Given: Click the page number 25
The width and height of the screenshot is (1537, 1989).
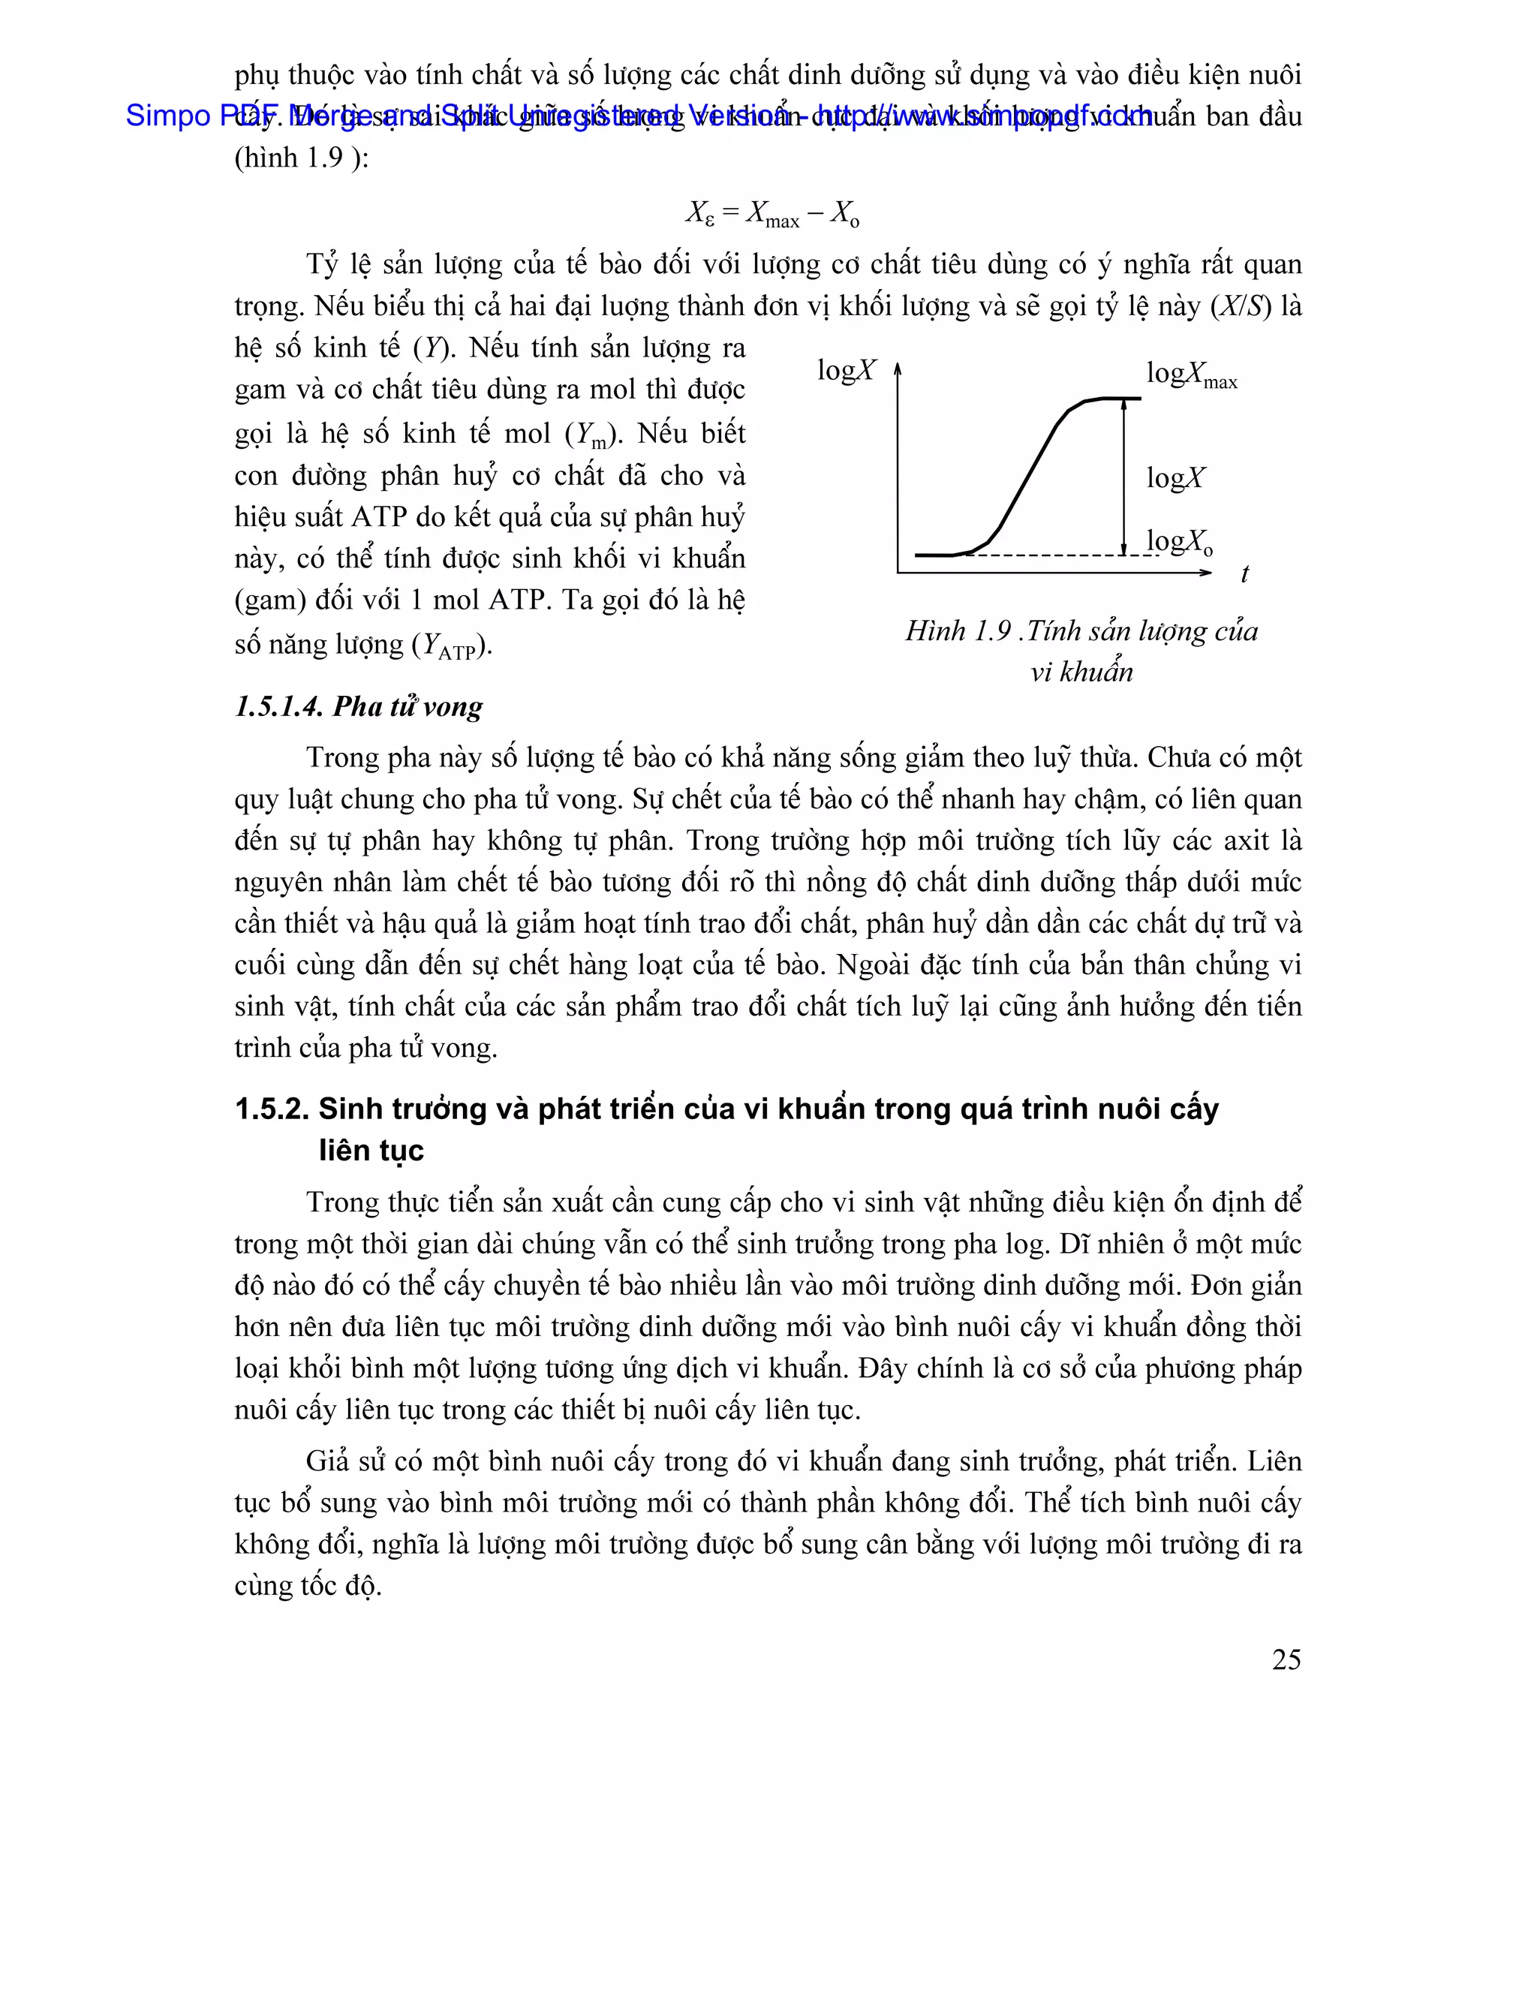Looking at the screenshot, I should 1286,1660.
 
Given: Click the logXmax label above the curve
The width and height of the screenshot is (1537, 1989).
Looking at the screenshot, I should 1191,375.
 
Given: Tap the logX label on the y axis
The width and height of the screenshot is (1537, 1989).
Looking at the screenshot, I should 846,370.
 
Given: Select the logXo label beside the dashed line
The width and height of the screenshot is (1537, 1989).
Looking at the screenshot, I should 1179,542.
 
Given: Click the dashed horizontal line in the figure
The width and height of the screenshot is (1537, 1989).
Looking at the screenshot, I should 1047,555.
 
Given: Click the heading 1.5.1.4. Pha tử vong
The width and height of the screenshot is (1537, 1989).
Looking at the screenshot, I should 359,707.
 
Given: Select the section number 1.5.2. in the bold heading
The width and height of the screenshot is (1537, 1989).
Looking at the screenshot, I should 272,1109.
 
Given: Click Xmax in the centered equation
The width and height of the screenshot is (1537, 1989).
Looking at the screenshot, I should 772,215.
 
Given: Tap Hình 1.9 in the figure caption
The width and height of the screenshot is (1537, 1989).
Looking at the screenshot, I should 958,631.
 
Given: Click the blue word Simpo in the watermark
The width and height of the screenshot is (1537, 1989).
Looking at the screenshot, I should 167,116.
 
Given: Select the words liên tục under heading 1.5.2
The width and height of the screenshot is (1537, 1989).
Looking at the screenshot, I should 371,1151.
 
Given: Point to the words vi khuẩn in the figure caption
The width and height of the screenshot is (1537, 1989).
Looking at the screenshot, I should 1081,672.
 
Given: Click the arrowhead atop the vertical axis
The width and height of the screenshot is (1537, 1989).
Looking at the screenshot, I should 898,368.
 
